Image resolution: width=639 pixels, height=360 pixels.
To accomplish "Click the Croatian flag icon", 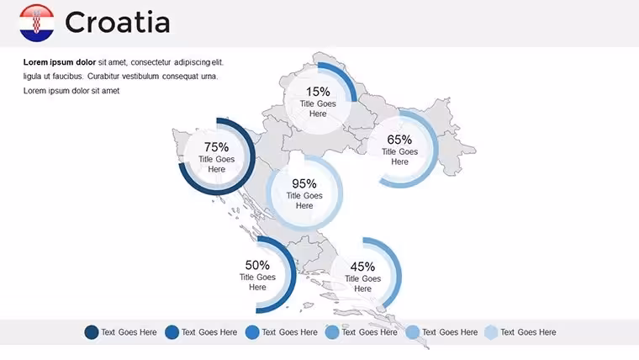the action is [x=37, y=23].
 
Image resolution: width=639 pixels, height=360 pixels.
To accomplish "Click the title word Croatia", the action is [x=118, y=23].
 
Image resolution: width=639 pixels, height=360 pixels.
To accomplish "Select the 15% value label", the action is [x=318, y=92].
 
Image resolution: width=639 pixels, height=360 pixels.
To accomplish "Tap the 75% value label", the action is [x=216, y=146].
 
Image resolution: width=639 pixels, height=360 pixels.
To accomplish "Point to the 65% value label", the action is [x=399, y=140].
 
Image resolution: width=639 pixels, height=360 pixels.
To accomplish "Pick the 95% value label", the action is [x=304, y=183].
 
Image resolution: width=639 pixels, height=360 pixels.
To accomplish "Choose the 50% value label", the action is [x=257, y=265].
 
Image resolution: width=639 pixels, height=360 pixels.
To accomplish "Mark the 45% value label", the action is [x=362, y=267].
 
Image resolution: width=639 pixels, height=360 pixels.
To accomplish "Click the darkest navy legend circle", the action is [x=92, y=332].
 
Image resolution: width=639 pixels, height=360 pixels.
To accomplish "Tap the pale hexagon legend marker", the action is [x=491, y=332].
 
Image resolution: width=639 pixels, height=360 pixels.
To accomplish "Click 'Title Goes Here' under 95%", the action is [x=304, y=200].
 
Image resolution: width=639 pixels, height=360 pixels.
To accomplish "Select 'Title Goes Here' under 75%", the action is [x=216, y=164].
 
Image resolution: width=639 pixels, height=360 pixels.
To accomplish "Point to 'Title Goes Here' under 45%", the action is [x=362, y=283].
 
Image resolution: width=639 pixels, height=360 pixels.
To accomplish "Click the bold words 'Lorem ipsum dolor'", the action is [x=60, y=62].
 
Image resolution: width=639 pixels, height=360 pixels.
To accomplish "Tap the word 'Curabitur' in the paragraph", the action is [x=103, y=77].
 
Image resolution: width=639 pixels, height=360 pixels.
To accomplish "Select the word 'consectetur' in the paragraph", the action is [x=151, y=62].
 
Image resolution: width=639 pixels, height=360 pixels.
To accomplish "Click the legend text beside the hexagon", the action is [x=528, y=332].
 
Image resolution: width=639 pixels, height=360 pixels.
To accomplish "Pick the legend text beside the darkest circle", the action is [x=129, y=332].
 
